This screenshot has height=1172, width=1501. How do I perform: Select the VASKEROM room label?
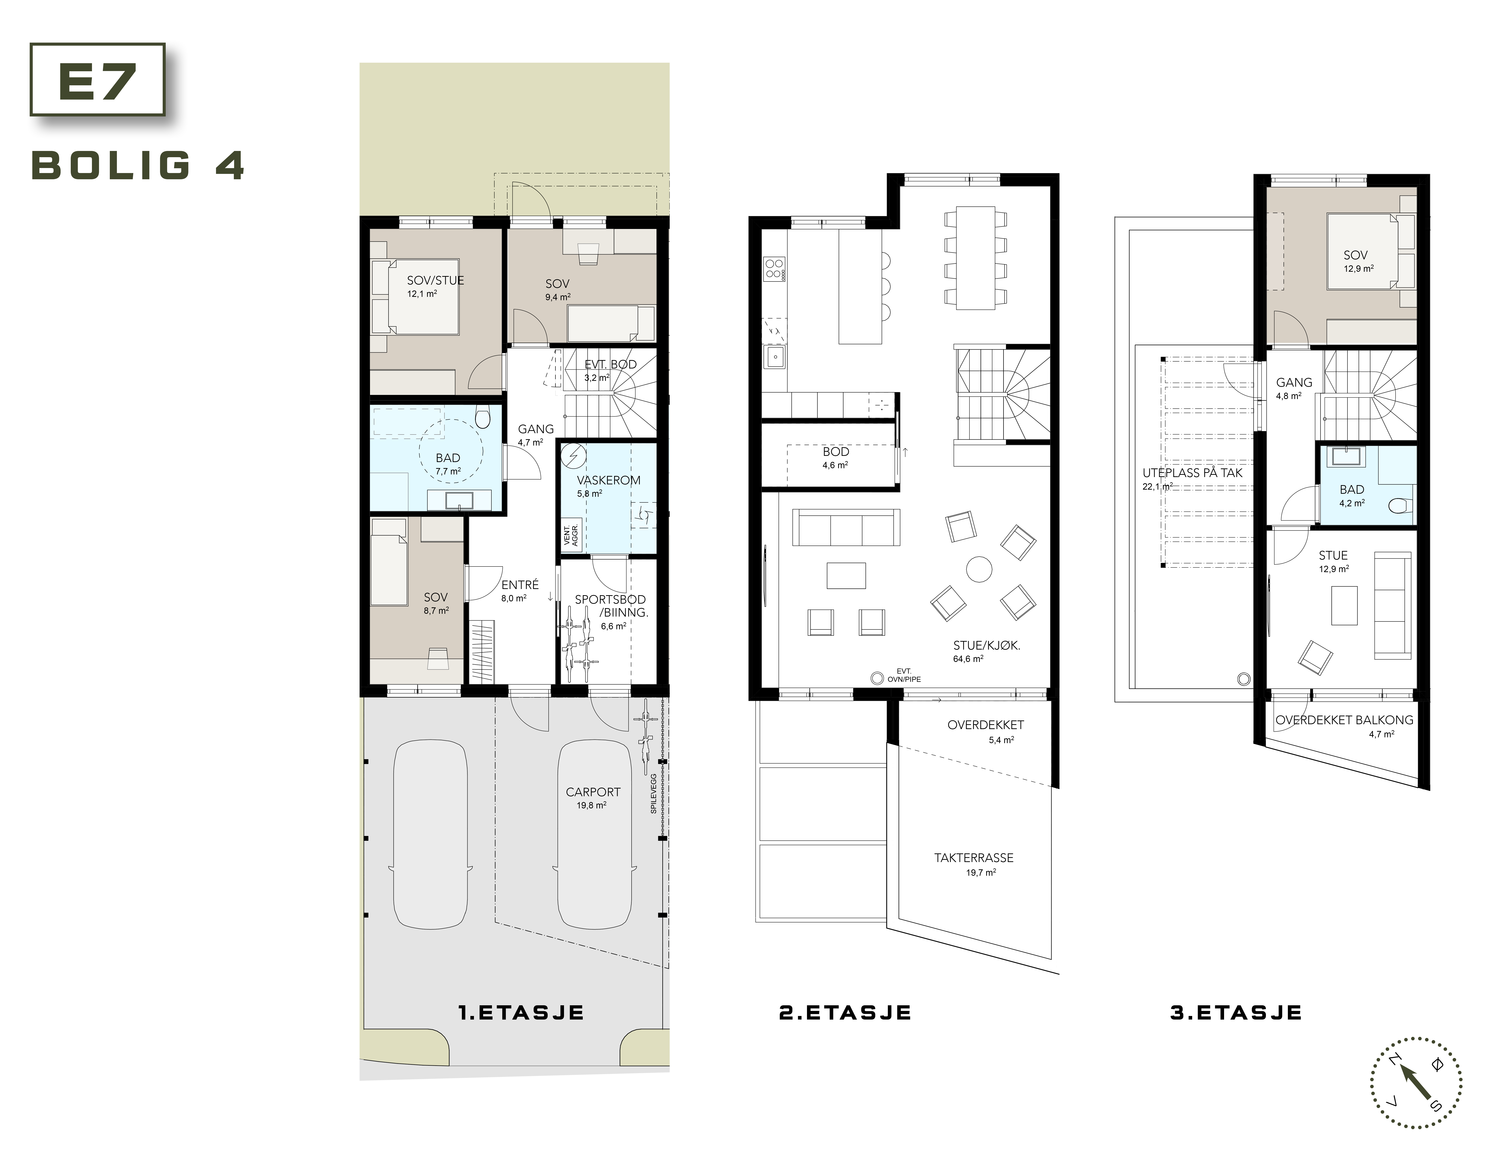point(608,480)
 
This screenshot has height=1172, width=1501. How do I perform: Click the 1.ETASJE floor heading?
point(521,1013)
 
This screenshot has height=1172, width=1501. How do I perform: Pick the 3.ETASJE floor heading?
point(1236,1013)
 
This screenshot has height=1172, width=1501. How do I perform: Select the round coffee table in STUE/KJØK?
point(979,569)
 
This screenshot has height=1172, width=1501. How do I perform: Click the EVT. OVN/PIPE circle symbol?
point(877,678)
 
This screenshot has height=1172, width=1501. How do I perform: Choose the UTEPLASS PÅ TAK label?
point(1192,473)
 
